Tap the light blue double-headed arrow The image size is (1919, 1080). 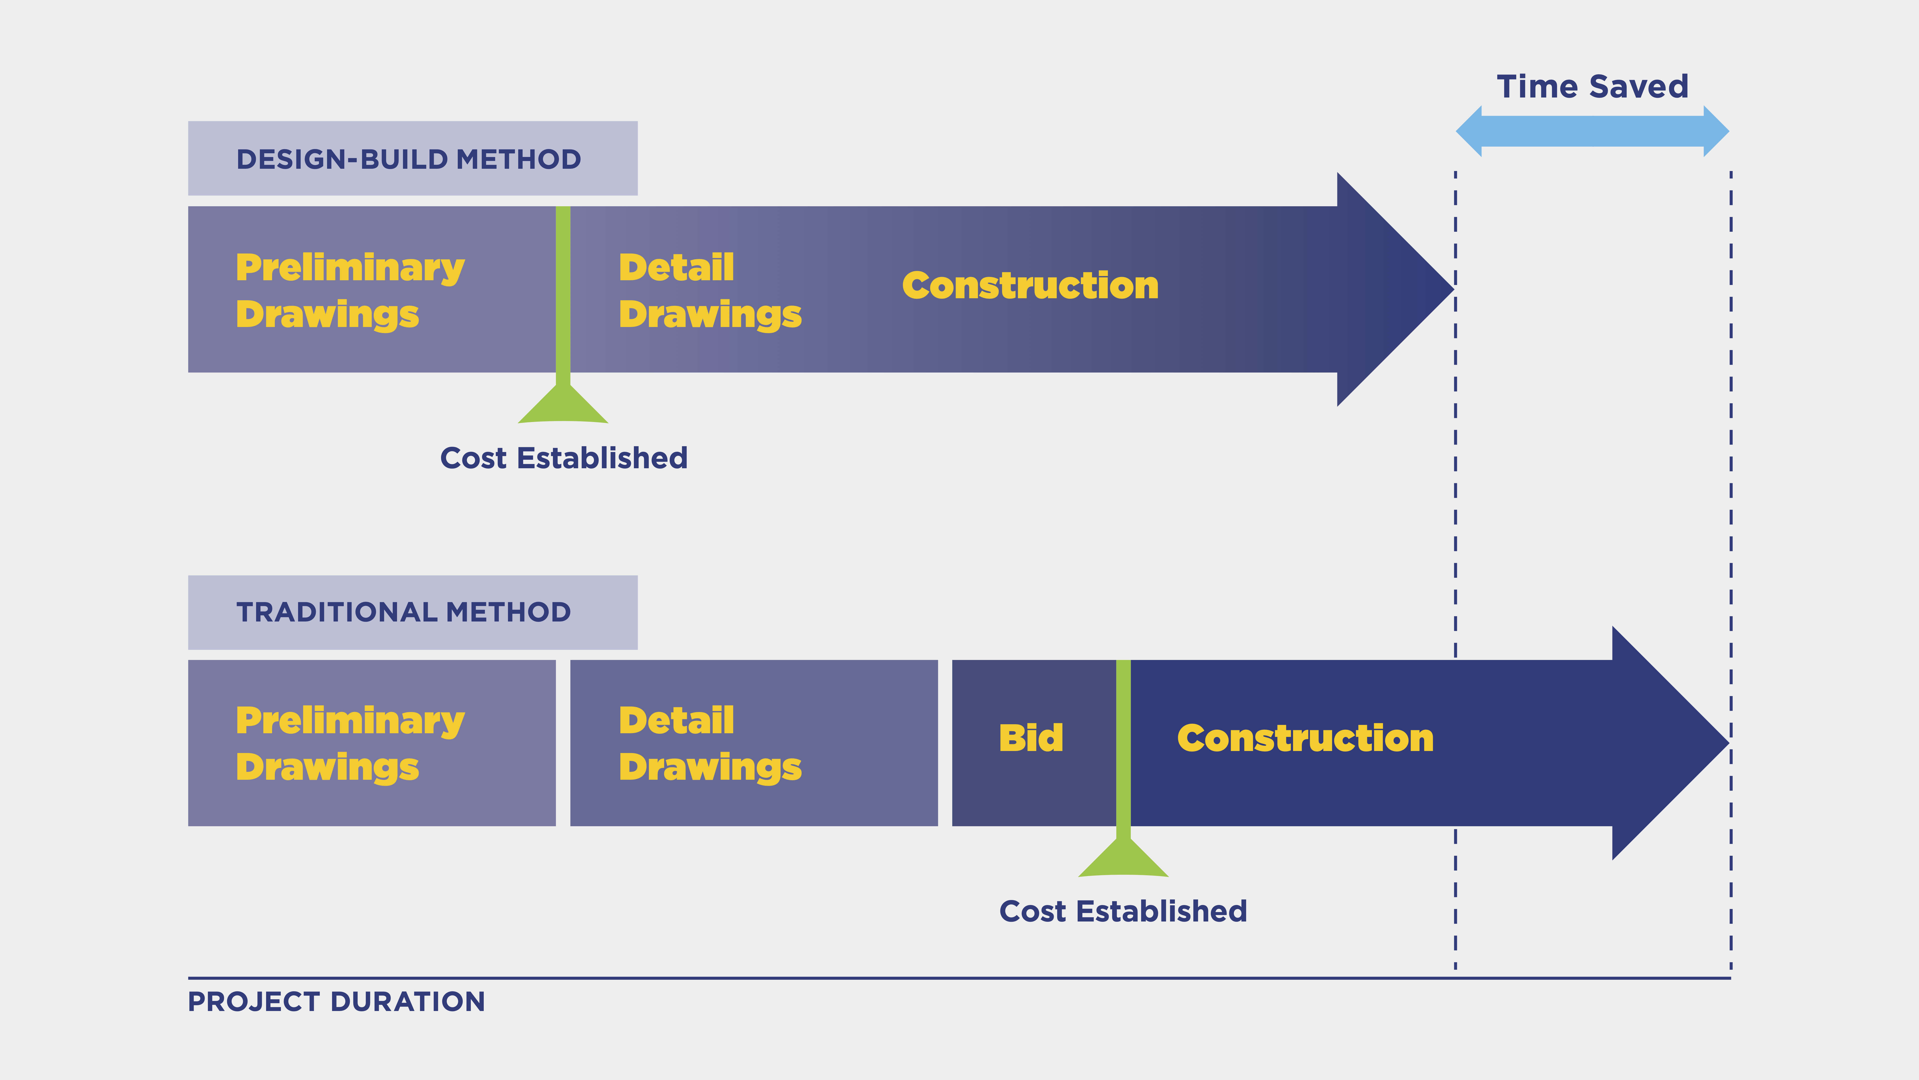tap(1592, 131)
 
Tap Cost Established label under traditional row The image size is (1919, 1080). tap(1123, 911)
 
